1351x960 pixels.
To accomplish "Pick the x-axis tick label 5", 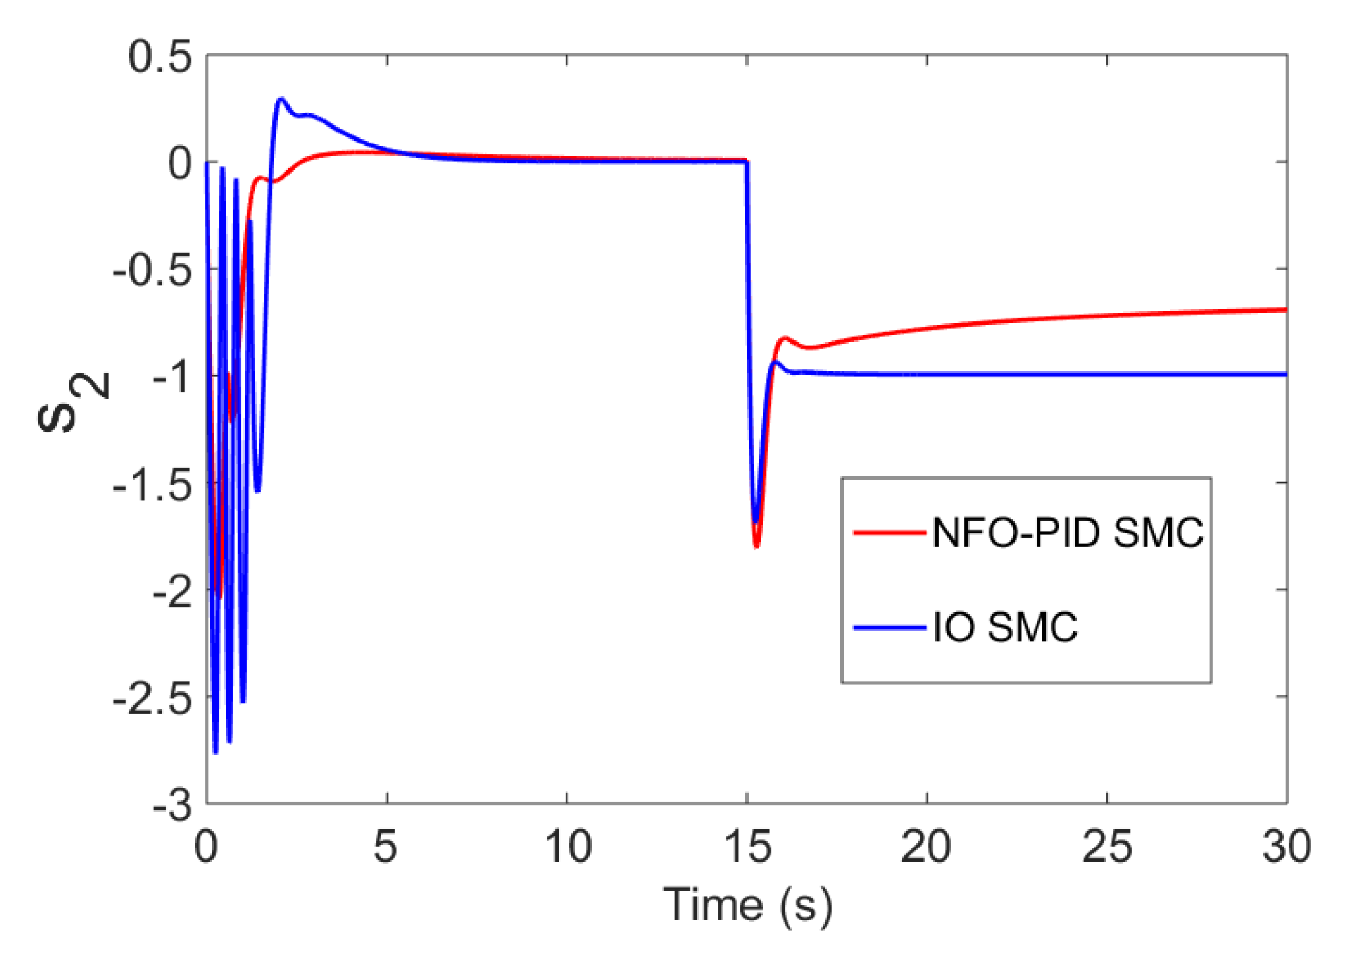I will (x=386, y=847).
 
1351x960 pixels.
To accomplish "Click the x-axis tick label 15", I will (x=747, y=847).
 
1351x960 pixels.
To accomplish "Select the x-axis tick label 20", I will (x=926, y=847).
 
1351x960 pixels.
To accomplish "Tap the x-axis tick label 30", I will (x=1286, y=847).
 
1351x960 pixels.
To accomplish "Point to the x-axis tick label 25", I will (x=1107, y=847).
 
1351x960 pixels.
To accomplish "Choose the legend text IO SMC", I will (x=1005, y=627).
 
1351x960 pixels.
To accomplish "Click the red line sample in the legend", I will (x=889, y=532).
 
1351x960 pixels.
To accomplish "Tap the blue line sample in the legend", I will (x=889, y=627).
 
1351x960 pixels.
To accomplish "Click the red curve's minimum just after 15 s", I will (x=757, y=546).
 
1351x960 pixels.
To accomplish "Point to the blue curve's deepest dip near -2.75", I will (x=215, y=753).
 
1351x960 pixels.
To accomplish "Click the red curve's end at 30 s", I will (x=1285, y=309).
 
